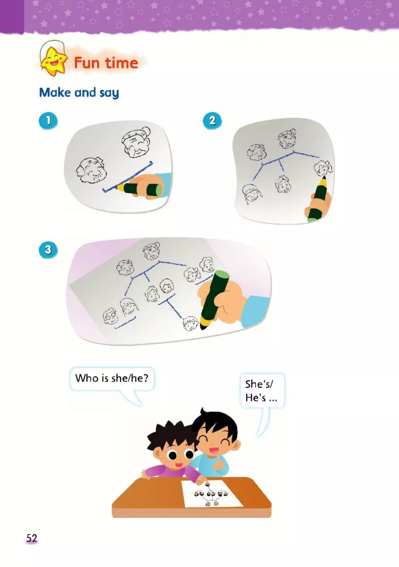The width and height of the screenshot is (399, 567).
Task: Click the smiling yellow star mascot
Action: (x=54, y=61)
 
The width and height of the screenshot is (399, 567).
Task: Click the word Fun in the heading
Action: (x=87, y=63)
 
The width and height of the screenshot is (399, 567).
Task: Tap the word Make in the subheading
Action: (x=55, y=92)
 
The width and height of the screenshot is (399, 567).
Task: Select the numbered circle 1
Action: (x=48, y=121)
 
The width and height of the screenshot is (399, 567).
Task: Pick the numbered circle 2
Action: (x=212, y=121)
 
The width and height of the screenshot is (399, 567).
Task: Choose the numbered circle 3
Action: (x=48, y=250)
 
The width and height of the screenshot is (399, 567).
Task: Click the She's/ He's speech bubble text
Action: (x=261, y=391)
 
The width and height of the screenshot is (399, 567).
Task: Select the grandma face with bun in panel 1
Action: (x=136, y=142)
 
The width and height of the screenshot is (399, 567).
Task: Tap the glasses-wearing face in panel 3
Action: (x=110, y=316)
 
